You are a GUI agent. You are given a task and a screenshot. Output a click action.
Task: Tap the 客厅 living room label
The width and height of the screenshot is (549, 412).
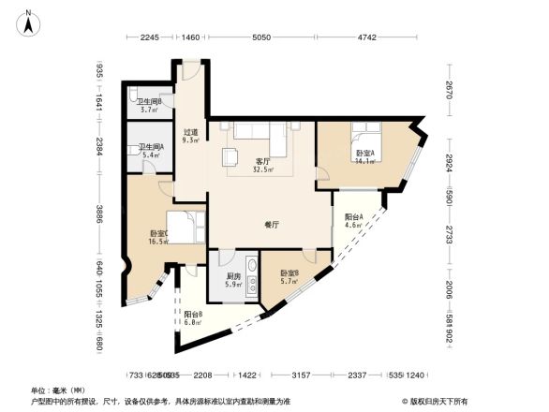263,161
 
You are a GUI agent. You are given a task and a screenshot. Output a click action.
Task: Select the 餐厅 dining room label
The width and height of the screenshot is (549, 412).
273,225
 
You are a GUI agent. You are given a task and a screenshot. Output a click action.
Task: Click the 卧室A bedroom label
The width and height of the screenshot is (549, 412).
364,153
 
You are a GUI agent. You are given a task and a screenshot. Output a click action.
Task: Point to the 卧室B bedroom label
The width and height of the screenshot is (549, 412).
289,272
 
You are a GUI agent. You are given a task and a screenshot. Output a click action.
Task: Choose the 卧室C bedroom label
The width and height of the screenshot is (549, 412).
157,233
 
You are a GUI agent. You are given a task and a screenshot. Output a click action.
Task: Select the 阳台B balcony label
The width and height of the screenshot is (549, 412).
193,314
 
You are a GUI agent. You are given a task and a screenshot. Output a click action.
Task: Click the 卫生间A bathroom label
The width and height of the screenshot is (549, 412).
151,147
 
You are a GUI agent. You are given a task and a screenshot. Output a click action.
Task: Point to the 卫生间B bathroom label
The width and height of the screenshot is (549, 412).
149,102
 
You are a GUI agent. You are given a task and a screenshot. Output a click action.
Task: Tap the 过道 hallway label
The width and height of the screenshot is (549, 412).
189,133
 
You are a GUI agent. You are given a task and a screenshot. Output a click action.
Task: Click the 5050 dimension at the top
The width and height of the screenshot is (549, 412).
261,38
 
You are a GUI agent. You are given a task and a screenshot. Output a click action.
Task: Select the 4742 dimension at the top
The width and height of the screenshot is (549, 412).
366,38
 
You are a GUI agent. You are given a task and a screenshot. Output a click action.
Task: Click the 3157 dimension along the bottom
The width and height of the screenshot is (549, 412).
302,375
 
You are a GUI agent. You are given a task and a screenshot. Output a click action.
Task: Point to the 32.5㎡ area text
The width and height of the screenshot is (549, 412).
265,169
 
